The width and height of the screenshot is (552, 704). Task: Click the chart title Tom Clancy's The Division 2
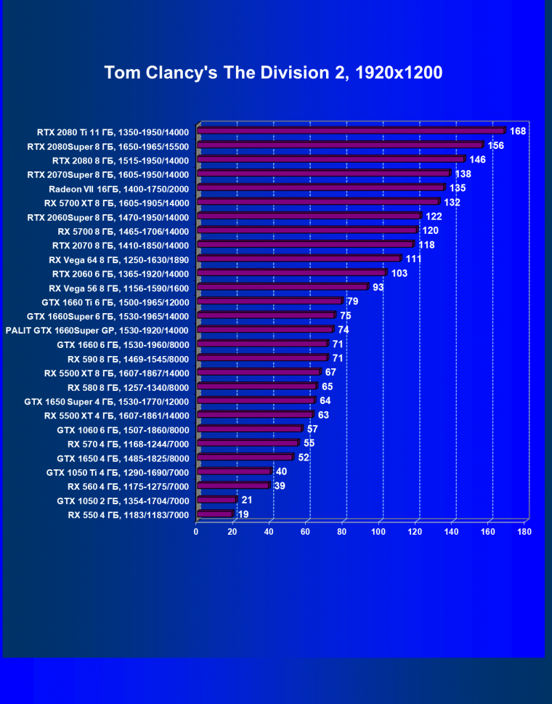pos(273,73)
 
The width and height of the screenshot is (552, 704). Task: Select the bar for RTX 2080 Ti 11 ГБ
pos(350,131)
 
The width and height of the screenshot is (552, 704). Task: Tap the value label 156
pos(496,145)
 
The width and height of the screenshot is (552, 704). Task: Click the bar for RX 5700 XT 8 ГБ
pos(318,202)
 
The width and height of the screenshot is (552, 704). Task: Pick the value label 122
pos(434,217)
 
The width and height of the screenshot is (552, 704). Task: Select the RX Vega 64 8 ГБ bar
pos(299,259)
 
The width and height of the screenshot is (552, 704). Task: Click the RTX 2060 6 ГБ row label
pos(121,274)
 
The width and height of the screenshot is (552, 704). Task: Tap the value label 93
pos(378,287)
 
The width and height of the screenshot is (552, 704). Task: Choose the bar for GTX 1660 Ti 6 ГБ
pos(269,301)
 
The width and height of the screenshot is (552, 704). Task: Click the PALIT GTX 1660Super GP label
pos(97,330)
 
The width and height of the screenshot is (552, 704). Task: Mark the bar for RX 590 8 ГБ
pos(262,357)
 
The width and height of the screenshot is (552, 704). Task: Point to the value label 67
pos(330,372)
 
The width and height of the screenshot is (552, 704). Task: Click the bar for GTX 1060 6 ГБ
pos(249,429)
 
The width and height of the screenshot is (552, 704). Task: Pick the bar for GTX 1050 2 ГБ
pos(216,500)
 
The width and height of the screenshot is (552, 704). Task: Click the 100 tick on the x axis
pos(378,532)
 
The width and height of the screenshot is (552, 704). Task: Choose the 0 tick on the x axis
pos(196,532)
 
